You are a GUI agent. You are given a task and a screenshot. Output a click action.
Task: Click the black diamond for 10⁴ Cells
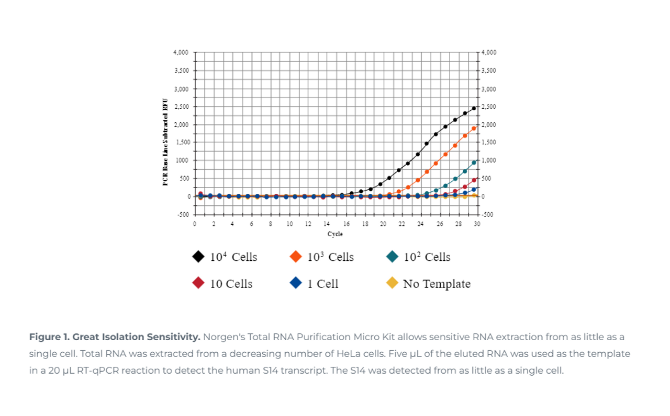pyautogui.click(x=198, y=257)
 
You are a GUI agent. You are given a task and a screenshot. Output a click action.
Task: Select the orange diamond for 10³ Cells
pyautogui.click(x=296, y=257)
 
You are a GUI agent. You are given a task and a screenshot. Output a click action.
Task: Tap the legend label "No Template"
pyautogui.click(x=437, y=284)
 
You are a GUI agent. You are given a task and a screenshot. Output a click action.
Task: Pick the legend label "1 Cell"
pyautogui.click(x=322, y=284)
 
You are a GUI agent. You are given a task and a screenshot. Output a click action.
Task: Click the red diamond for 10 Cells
pyautogui.click(x=198, y=283)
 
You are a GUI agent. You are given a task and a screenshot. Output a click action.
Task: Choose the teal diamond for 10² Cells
pyautogui.click(x=392, y=257)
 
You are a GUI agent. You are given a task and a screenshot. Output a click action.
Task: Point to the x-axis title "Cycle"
pyautogui.click(x=335, y=234)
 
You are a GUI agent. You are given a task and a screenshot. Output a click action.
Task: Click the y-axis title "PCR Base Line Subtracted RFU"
pyautogui.click(x=165, y=142)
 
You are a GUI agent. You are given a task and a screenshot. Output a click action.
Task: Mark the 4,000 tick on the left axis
pyautogui.click(x=181, y=53)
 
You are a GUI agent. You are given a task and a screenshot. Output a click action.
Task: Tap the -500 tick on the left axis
pyautogui.click(x=182, y=214)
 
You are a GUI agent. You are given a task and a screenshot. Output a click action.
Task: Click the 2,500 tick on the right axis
pyautogui.click(x=489, y=107)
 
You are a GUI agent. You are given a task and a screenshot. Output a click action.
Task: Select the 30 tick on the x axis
pyautogui.click(x=477, y=224)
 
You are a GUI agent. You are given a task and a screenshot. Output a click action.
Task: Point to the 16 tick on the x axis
pyautogui.click(x=347, y=224)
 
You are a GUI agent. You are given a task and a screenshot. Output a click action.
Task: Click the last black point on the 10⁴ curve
pyautogui.click(x=474, y=108)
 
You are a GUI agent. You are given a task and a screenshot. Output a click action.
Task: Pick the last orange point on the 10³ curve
pyautogui.click(x=474, y=128)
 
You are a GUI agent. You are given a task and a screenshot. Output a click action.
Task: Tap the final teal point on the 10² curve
pyautogui.click(x=474, y=163)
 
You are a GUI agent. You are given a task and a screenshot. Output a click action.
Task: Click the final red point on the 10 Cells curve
pyautogui.click(x=474, y=180)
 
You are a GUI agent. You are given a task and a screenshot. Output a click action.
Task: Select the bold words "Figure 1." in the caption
pyautogui.click(x=49, y=337)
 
